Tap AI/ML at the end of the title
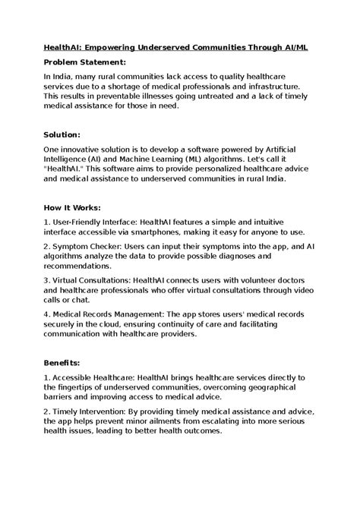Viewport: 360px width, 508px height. pyautogui.click(x=295, y=46)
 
